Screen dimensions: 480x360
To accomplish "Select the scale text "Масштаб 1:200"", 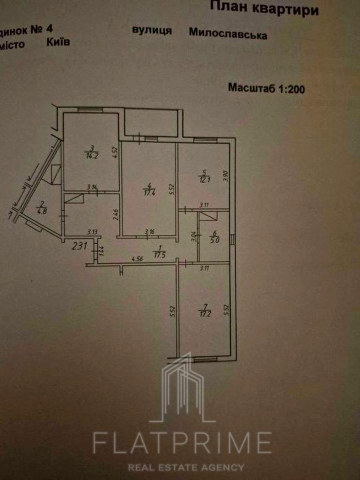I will click(266, 88).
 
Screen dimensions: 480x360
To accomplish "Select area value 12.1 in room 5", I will click(204, 177).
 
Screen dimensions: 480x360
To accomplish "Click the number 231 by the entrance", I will click(80, 246).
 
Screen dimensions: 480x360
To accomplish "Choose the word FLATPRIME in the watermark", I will click(182, 442).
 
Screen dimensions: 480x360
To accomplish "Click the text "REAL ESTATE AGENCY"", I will click(186, 467).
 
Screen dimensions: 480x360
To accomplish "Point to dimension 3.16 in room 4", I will click(149, 231).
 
